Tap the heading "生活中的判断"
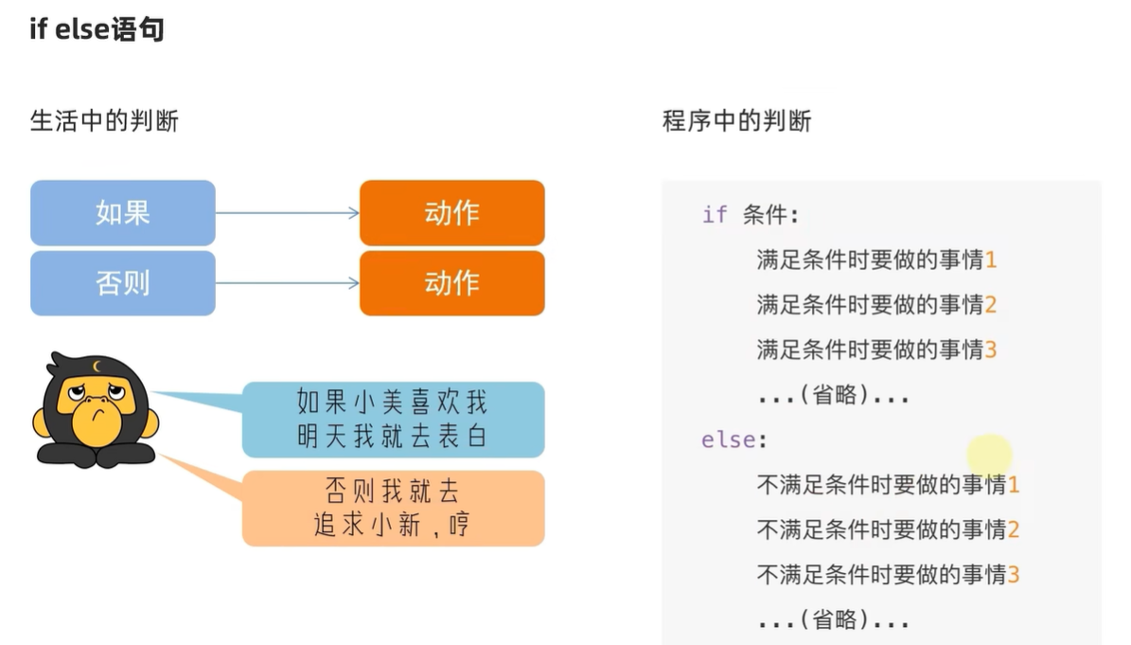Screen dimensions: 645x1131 coord(104,121)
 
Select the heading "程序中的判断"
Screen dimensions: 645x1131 coord(736,121)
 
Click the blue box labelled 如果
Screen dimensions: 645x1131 coord(123,213)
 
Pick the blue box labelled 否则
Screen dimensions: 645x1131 coord(123,283)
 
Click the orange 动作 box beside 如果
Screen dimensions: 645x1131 coord(451,213)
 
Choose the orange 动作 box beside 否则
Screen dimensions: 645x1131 coord(451,283)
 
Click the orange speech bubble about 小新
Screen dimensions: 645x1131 coord(392,508)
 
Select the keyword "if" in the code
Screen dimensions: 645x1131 coord(715,214)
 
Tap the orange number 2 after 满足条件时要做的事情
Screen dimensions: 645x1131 coord(990,305)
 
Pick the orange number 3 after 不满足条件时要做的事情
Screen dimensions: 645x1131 coord(1014,574)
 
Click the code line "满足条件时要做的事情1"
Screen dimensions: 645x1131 coord(876,260)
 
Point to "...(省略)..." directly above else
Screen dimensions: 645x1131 coord(833,396)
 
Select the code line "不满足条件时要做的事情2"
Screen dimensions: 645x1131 coord(888,529)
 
